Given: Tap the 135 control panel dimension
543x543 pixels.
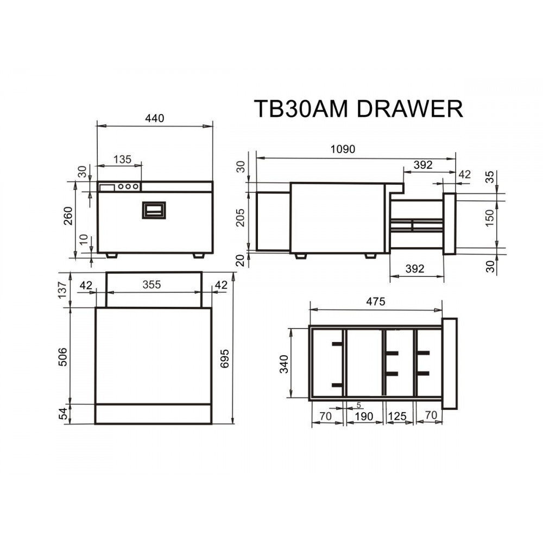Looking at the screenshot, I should point(122,159).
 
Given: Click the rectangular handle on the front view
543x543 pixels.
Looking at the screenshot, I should point(154,210).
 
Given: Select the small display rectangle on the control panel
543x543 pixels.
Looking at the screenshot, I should point(107,187).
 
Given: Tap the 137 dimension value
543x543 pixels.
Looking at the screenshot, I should point(63,289).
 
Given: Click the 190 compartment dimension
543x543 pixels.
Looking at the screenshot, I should point(363,416).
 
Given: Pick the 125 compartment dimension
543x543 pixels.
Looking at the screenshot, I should point(398,416).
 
